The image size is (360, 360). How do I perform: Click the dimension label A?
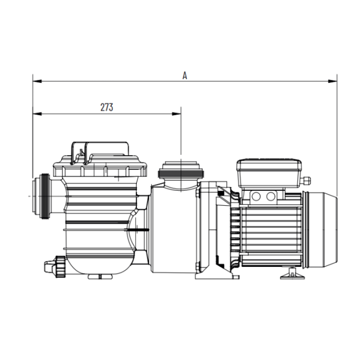tap(185, 75)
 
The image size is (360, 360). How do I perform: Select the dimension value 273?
tap(106, 107)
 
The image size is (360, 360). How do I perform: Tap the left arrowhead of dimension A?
tap(35, 81)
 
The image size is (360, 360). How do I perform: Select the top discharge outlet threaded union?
tap(182, 170)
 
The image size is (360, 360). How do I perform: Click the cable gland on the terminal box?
tap(307, 181)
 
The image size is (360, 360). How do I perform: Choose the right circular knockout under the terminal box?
tap(271, 196)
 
